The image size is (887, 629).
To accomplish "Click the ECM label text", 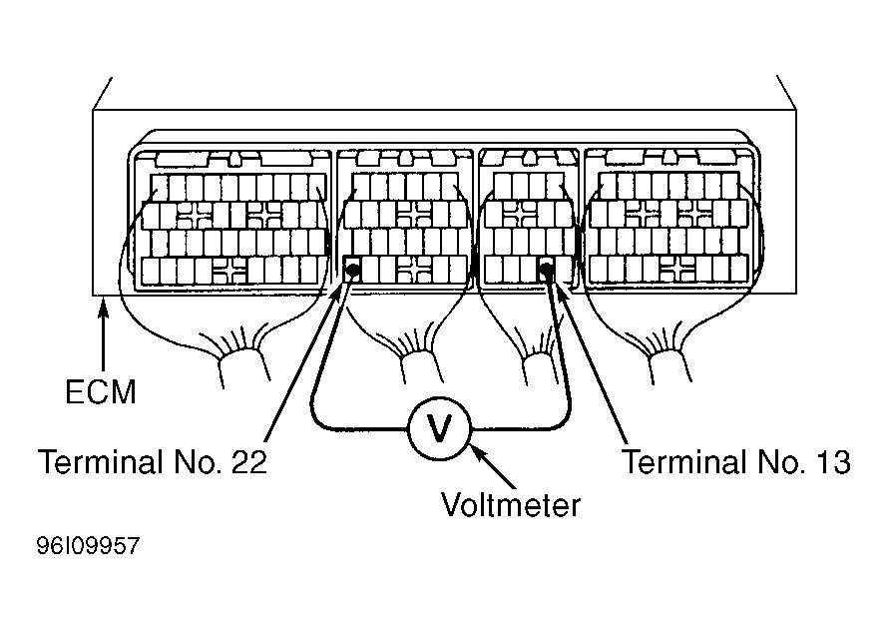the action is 101,391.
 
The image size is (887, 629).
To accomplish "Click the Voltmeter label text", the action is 511,505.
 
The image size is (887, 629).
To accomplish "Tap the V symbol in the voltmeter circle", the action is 439,427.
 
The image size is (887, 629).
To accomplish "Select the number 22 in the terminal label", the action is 248,462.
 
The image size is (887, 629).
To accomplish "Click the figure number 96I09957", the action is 88,546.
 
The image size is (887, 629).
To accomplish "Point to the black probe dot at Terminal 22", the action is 352,269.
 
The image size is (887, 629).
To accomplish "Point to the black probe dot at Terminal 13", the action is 546,269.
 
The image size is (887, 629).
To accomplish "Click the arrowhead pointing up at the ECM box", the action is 103,310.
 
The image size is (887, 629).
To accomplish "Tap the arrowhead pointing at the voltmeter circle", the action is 478,452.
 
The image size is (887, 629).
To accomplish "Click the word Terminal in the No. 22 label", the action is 102,462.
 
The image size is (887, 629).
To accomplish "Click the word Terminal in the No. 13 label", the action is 686,462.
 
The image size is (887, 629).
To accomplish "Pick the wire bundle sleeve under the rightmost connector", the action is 670,366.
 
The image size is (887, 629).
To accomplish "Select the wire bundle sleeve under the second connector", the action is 419,368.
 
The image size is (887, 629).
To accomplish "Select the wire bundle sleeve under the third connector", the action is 542,369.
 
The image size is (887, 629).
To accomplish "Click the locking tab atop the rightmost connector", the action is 670,158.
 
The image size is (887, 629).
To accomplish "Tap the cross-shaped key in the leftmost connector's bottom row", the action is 229,270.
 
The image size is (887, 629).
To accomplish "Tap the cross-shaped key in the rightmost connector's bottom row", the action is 678,269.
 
